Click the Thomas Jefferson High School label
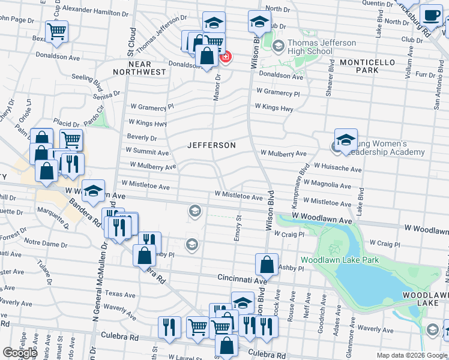pos(310,47)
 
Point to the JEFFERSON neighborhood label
pos(211,145)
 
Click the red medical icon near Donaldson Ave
pos(226,58)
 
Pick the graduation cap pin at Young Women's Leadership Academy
pos(346,140)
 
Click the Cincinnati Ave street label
pos(241,280)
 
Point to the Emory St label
pos(239,227)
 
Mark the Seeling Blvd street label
pos(87,80)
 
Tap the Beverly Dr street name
pos(142,137)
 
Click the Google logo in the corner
pos(19,352)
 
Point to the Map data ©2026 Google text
pos(411,355)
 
